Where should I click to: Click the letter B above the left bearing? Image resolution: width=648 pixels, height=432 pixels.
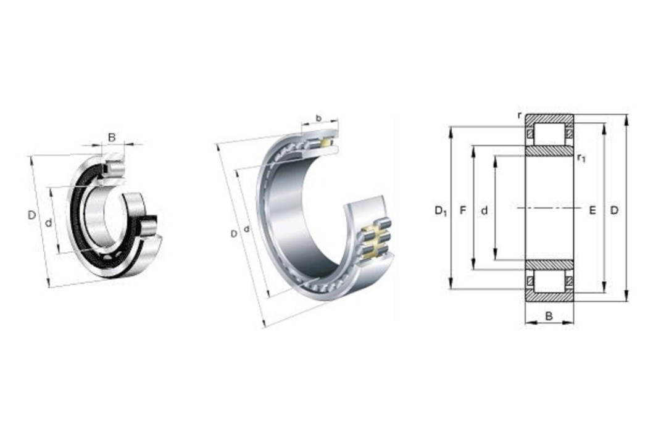(x=112, y=137)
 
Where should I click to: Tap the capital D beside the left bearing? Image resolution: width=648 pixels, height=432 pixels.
(x=31, y=215)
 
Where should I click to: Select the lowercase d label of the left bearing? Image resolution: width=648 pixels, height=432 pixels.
(x=49, y=223)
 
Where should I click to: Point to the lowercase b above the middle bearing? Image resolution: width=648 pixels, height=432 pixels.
(x=318, y=118)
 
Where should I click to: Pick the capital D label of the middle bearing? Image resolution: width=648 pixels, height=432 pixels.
(x=234, y=234)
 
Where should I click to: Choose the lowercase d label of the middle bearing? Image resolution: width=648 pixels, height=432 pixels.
(x=247, y=228)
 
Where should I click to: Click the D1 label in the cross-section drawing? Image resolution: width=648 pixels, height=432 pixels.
(x=441, y=211)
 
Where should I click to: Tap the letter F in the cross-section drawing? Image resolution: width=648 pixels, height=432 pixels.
(x=463, y=210)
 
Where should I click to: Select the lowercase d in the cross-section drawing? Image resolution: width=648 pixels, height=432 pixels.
(x=484, y=211)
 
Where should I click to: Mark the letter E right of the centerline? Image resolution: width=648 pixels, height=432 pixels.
(x=592, y=210)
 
